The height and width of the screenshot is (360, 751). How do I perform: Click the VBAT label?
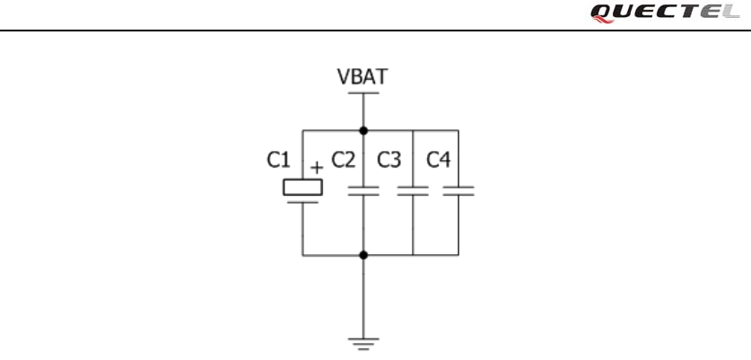(362, 77)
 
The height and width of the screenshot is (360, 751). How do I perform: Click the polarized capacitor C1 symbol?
(302, 190)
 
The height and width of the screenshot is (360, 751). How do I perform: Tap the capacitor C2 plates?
(363, 190)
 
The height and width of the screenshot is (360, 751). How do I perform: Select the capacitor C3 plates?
(413, 190)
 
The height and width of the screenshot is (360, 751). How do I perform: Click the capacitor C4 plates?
(458, 190)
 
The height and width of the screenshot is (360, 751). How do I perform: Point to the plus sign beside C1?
(316, 167)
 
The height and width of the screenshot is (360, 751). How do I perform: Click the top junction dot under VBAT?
(363, 130)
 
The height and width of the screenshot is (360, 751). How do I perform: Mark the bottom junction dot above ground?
(363, 255)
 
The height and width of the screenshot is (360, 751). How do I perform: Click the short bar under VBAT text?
(363, 92)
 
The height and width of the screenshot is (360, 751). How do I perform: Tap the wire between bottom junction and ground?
(363, 296)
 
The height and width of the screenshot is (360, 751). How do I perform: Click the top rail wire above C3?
(413, 130)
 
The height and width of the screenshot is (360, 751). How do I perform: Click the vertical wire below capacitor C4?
(458, 224)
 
